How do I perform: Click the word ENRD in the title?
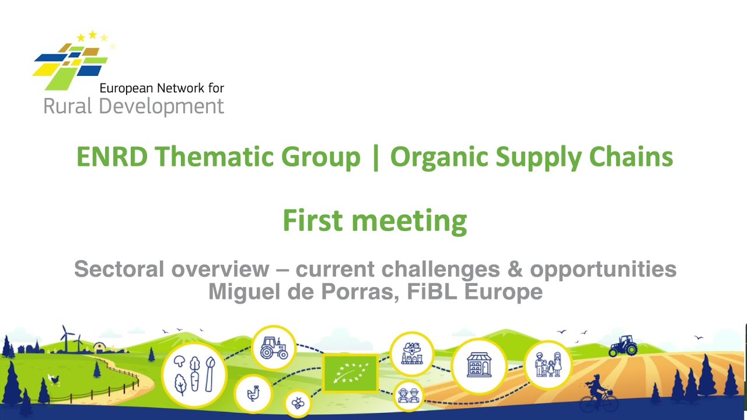[112, 156]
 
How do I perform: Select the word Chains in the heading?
[631, 156]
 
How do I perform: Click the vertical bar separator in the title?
[375, 157]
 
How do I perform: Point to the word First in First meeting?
[312, 220]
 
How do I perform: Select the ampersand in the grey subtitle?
[515, 269]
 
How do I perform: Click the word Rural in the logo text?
[67, 106]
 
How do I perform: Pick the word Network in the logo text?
[180, 88]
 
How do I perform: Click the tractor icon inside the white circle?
[274, 348]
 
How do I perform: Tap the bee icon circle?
[298, 403]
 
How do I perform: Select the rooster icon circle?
[253, 393]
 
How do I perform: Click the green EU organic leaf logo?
[350, 373]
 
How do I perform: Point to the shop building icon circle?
[479, 365]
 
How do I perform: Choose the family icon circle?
[548, 365]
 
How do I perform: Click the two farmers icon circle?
[409, 395]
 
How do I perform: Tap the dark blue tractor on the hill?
[623, 346]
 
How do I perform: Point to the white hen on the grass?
[54, 379]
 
